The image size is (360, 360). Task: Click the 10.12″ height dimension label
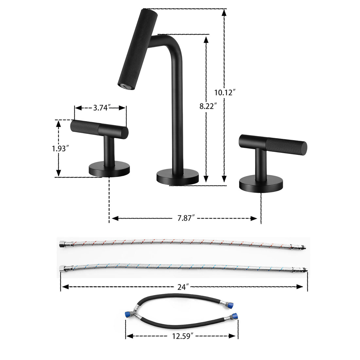[x=225, y=92]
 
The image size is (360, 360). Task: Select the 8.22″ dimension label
[x=208, y=106]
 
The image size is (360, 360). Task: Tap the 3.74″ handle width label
[x=101, y=108]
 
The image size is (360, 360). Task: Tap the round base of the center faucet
[x=178, y=177]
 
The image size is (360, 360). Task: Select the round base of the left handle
[x=109, y=170]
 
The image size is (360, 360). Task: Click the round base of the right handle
[x=261, y=184]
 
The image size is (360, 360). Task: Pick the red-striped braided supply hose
[x=183, y=244]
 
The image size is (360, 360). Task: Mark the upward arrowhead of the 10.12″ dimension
[x=224, y=12]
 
